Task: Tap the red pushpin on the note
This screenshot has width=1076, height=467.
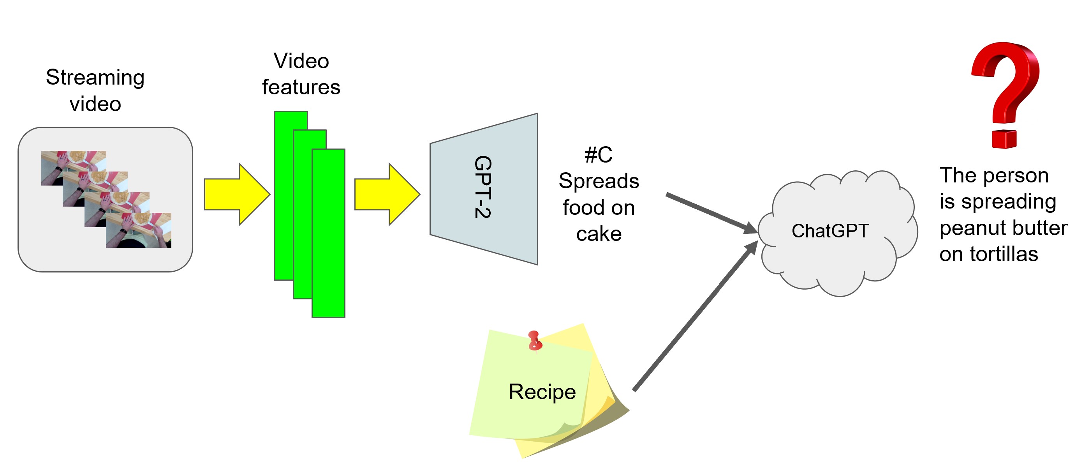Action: tap(534, 340)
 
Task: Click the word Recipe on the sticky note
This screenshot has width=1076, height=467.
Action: tap(542, 392)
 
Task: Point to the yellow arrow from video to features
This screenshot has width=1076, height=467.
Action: tap(236, 195)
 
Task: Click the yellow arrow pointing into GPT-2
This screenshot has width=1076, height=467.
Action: tap(387, 195)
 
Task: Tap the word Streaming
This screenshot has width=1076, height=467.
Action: tap(95, 78)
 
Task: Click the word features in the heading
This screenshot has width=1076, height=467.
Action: tap(301, 87)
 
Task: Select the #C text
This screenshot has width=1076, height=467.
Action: tap(599, 155)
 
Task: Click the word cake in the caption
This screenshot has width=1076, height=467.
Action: tap(599, 234)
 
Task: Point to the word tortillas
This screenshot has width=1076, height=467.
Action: tap(1004, 254)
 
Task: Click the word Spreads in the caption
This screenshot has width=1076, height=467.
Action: tap(599, 181)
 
